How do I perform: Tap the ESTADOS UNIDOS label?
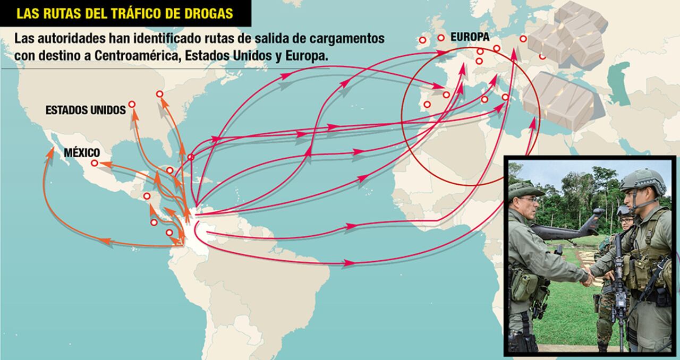[86, 110]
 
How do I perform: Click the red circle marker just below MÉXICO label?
[95, 164]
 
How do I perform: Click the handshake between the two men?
[589, 276]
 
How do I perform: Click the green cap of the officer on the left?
[524, 190]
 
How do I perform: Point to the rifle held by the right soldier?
[618, 281]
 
